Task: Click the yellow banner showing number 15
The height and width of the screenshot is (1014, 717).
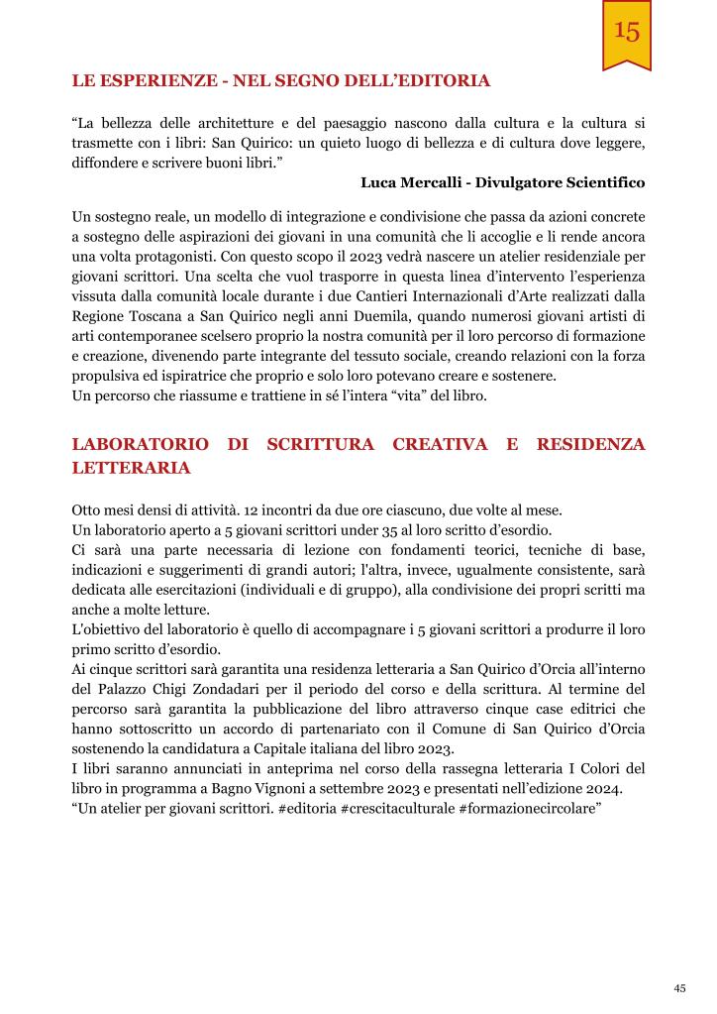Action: point(626,34)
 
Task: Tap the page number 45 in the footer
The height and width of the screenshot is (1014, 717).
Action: point(679,987)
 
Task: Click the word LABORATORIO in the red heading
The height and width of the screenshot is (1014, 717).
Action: point(140,444)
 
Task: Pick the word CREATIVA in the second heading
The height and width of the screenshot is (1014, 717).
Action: point(440,444)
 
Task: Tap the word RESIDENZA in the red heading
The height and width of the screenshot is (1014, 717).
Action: point(590,444)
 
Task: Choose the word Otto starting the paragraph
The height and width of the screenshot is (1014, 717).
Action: point(87,510)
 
